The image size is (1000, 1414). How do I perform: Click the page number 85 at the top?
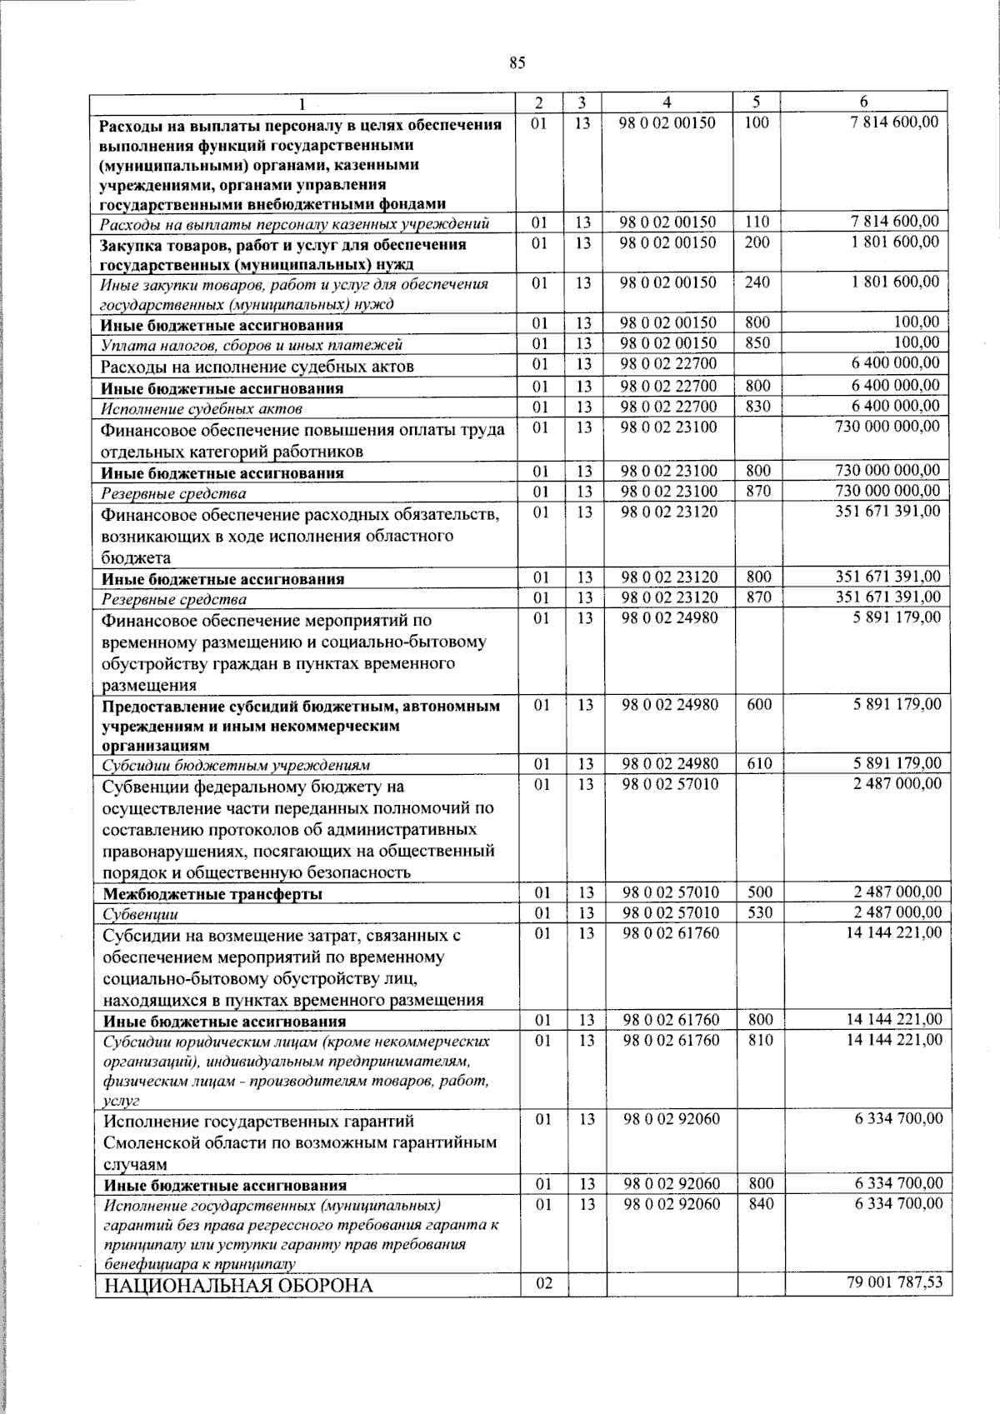click(517, 62)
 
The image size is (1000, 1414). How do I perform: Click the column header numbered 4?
click(667, 102)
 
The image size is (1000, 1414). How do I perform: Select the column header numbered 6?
click(864, 102)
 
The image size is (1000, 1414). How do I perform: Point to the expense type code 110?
click(757, 222)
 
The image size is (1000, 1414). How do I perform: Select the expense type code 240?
click(757, 282)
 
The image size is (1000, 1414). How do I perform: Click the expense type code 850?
click(757, 343)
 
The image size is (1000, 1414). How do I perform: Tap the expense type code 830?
click(757, 407)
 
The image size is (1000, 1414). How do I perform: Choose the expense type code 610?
click(759, 763)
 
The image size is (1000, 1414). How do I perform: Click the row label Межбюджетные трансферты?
click(212, 894)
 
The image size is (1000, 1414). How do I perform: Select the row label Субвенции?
click(140, 915)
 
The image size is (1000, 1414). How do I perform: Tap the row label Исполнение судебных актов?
click(201, 409)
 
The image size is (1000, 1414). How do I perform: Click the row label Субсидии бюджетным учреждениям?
click(236, 765)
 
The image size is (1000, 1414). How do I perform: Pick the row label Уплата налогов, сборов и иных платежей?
click(252, 344)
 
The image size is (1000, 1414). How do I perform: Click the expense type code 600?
click(759, 704)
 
